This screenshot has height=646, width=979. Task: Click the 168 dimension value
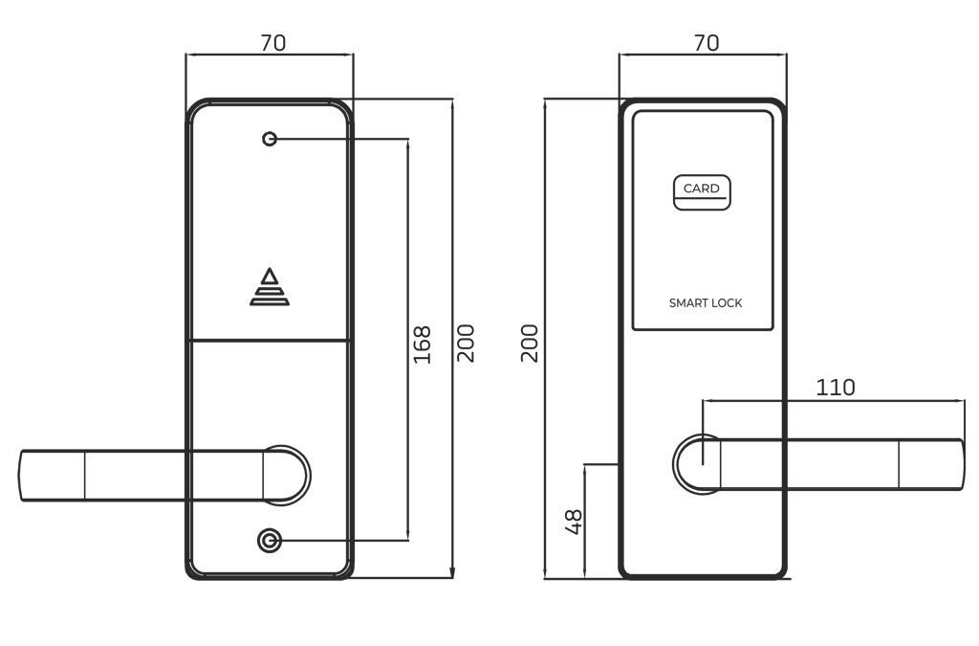tap(422, 345)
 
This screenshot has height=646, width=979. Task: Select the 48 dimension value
tap(574, 522)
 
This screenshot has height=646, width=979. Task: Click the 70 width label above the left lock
tap(272, 43)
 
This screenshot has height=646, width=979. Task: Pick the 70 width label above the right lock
tap(706, 43)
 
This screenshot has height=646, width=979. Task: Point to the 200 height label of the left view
tap(466, 343)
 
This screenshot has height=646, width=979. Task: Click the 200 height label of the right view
tap(529, 343)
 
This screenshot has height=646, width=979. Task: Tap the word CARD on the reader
tap(701, 189)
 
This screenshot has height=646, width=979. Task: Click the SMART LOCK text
tap(706, 303)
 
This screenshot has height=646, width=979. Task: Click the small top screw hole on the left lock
tap(270, 139)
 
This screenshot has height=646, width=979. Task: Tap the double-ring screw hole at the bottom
tap(270, 541)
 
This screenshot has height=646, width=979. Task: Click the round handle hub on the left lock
tap(287, 474)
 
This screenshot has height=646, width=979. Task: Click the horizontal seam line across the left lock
tap(270, 340)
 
